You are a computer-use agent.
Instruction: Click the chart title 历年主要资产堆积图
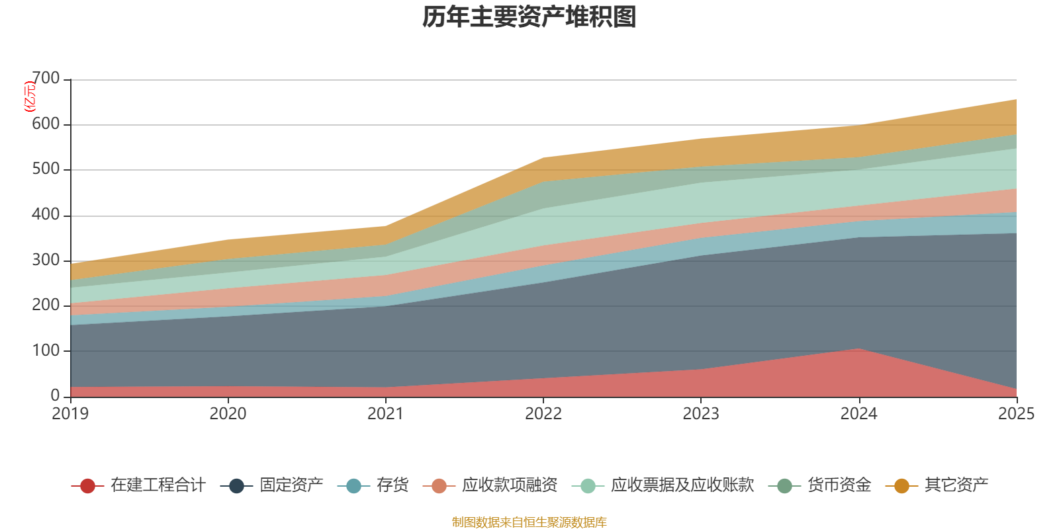tap(529, 17)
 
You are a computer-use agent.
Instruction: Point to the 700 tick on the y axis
tap(46, 79)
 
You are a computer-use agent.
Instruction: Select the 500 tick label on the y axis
tap(46, 169)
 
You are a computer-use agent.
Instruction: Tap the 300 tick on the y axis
tap(46, 260)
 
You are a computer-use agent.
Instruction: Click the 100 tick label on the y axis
tap(46, 350)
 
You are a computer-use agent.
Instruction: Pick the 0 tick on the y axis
tap(55, 395)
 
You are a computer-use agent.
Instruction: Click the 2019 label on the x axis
tap(70, 414)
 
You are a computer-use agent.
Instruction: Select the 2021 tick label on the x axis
tap(386, 414)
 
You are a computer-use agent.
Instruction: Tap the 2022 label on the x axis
tap(543, 414)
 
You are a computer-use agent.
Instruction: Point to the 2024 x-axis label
tap(858, 414)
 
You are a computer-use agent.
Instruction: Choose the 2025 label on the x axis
tap(1015, 414)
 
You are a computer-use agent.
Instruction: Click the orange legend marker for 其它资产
tap(901, 486)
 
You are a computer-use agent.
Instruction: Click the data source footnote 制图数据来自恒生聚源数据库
tap(529, 522)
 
